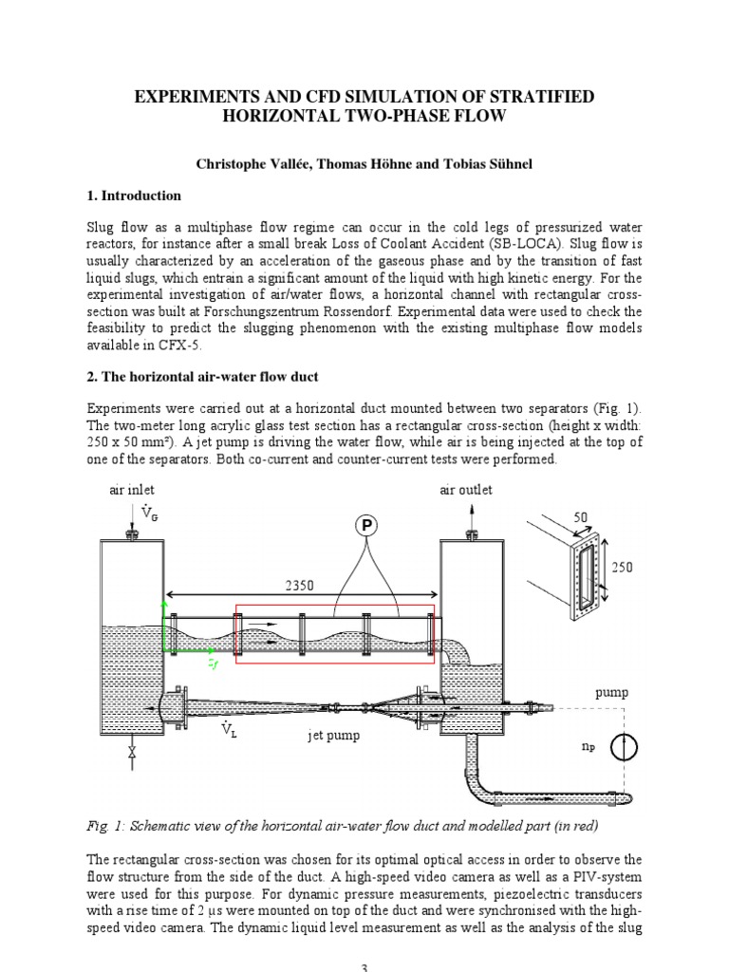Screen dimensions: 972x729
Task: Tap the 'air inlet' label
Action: coord(131,490)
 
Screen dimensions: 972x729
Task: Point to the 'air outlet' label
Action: coord(466,490)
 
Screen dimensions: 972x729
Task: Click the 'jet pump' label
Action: coord(333,736)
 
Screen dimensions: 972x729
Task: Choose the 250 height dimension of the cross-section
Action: coord(622,567)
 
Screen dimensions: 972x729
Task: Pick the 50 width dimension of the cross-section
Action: coord(581,517)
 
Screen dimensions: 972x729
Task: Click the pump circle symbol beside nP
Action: coord(623,747)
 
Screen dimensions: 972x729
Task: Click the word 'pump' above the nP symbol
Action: coord(612,694)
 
